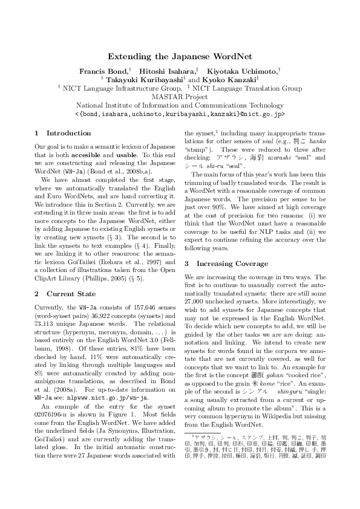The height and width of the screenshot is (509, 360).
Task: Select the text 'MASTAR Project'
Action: [180, 97]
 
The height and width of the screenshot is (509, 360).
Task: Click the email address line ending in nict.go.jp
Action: [180, 114]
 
